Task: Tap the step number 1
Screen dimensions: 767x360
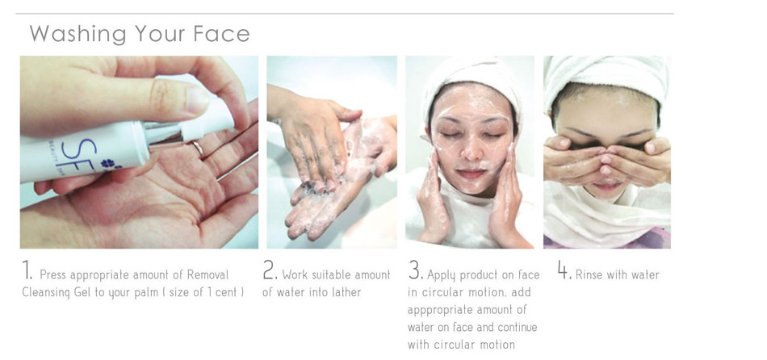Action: click(26, 271)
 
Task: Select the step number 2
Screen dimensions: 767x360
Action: click(270, 270)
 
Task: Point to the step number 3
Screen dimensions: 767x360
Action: click(415, 270)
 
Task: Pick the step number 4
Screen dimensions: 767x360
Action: click(565, 270)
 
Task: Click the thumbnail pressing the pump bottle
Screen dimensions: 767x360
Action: click(198, 98)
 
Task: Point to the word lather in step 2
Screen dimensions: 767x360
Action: click(345, 292)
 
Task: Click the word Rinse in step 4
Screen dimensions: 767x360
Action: click(589, 275)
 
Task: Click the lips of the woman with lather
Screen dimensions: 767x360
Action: click(471, 174)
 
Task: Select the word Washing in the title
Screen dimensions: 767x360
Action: click(78, 34)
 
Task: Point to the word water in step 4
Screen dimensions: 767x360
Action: click(644, 275)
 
